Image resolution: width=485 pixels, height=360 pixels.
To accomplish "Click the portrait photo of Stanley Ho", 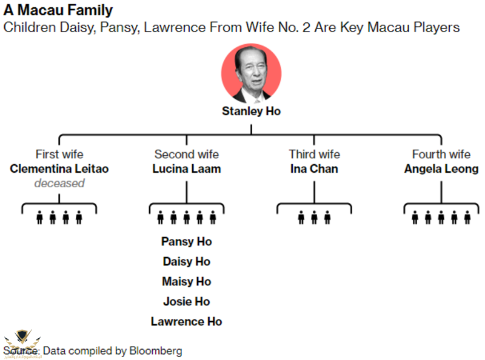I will tap(251, 73).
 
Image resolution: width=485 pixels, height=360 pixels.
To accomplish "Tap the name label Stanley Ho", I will tap(251, 112).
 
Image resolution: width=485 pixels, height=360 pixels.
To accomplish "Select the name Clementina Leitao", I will tap(59, 168).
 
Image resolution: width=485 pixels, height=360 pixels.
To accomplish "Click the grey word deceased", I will tap(59, 183).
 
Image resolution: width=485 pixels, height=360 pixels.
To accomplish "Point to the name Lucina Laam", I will tap(186, 168).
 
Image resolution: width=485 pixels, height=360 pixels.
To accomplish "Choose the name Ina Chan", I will tap(314, 168).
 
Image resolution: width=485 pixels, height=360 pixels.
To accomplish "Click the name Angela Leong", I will tap(441, 168).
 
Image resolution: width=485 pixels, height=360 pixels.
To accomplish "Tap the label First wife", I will tap(59, 155).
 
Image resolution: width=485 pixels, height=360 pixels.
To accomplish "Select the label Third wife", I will tap(314, 155).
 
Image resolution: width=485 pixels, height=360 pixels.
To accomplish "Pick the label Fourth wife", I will tap(441, 155).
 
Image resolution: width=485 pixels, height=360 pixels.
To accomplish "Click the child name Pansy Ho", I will tap(186, 241).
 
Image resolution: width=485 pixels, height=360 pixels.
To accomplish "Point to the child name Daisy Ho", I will tap(186, 261).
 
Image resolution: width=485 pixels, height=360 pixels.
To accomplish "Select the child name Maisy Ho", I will tap(186, 281).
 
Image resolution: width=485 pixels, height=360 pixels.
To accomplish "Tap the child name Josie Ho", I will tap(186, 301).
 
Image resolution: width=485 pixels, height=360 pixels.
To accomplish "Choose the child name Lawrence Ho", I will tap(186, 321).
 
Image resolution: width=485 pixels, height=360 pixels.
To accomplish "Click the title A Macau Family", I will tap(58, 11).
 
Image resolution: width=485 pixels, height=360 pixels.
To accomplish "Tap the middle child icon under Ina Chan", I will tap(314, 218).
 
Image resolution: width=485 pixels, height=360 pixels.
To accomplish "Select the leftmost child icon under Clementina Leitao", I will tap(39, 218).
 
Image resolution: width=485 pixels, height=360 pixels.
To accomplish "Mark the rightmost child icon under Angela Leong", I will tap(467, 218).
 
